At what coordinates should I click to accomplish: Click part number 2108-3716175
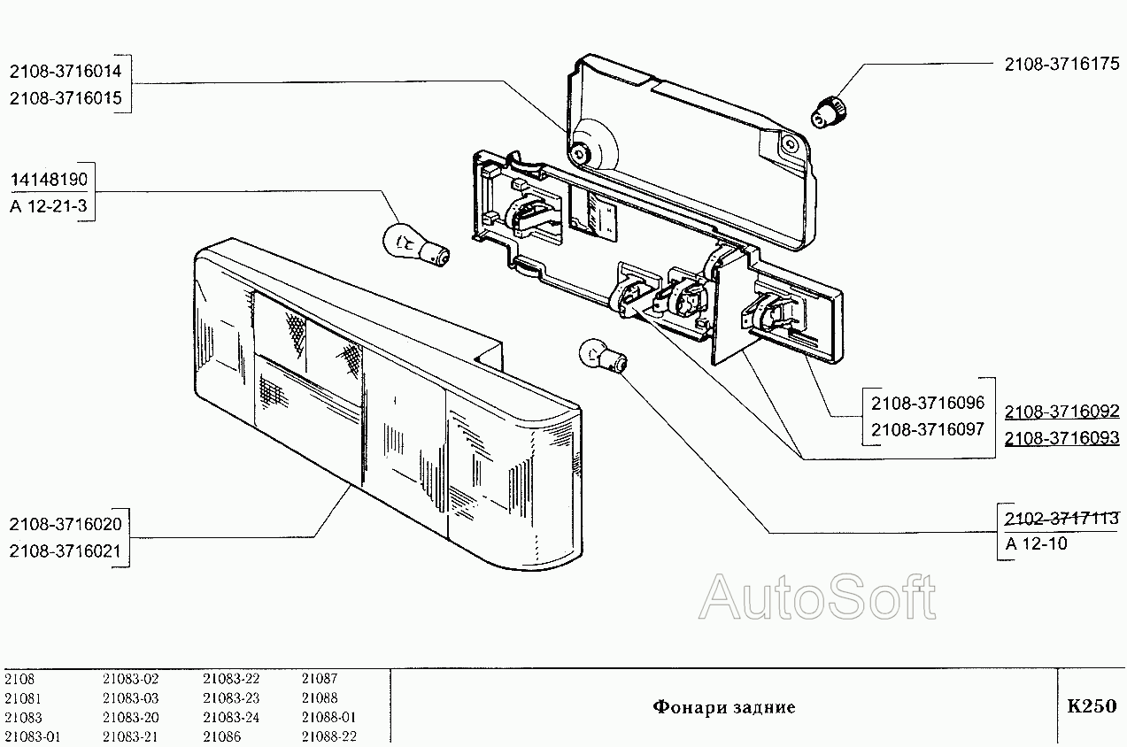click(1061, 64)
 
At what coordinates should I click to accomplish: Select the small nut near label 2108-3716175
click(830, 112)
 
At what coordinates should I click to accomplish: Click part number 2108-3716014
click(67, 71)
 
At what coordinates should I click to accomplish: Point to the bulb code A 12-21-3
click(49, 208)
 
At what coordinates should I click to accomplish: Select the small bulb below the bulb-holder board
click(600, 356)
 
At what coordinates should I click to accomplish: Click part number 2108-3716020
click(66, 524)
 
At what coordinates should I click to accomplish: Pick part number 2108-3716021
click(66, 551)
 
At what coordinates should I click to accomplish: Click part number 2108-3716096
click(928, 403)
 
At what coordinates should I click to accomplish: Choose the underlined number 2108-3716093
click(1061, 438)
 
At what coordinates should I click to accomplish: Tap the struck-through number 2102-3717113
click(1061, 517)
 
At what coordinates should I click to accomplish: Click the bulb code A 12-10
click(1037, 543)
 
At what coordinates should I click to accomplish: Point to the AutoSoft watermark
click(817, 597)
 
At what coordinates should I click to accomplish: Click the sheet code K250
click(1092, 706)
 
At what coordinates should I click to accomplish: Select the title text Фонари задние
click(723, 706)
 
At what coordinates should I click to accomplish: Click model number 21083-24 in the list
click(231, 717)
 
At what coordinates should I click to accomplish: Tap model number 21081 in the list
click(22, 697)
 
